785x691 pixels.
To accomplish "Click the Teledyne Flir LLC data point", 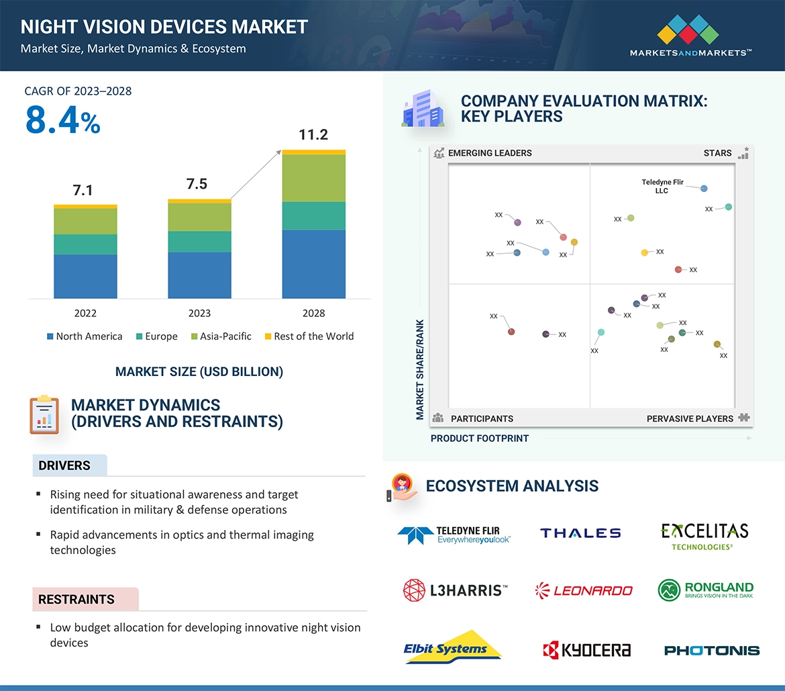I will pos(704,189).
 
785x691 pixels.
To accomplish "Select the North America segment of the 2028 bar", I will pos(313,264).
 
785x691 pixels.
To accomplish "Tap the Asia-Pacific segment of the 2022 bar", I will pos(85,221).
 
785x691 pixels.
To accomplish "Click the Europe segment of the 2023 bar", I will pos(199,242).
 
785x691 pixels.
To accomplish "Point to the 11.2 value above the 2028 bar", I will pos(313,135).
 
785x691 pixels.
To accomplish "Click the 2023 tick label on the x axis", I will pos(199,313).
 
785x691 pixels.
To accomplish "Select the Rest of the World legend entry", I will pos(309,336).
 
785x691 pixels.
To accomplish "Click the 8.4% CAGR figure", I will pos(62,120).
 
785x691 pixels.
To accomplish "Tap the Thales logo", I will pos(580,533).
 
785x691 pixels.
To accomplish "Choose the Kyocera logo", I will pos(586,649).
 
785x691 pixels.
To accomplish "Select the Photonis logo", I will pos(711,650).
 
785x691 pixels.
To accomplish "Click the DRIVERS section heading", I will pos(64,465).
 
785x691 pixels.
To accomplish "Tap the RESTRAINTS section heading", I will pos(76,599).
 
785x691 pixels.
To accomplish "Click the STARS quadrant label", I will pos(717,153).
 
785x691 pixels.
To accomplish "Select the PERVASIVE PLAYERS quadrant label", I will pos(690,418).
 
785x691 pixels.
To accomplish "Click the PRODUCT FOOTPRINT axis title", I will pos(479,439).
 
